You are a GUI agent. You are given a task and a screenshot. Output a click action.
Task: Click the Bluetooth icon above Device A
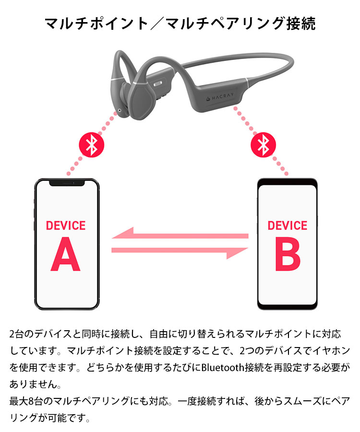tap(92, 145)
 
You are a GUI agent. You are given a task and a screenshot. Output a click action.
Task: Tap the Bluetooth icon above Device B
tap(264, 145)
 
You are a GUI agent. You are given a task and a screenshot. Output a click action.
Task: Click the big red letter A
tap(66, 254)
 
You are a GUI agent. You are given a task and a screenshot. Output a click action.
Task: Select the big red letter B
tap(288, 254)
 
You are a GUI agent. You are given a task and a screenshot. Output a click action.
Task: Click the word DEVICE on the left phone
tap(66, 226)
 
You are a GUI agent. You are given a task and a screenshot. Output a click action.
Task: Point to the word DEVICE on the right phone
tap(288, 226)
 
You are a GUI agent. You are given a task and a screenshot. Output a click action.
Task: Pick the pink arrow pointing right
tap(180, 252)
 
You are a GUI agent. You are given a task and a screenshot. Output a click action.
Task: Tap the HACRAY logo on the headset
tap(220, 96)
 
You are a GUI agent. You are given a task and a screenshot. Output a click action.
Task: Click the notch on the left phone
tap(67, 183)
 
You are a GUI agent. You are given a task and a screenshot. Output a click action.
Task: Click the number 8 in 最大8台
tap(31, 401)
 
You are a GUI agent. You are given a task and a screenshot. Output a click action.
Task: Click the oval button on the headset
tap(158, 84)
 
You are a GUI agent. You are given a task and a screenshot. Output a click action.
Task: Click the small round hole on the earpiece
tap(120, 110)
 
